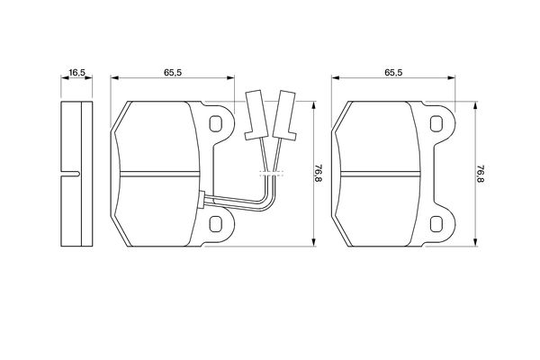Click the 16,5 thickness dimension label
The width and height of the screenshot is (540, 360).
click(x=76, y=72)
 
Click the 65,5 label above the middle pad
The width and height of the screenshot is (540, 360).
click(x=173, y=72)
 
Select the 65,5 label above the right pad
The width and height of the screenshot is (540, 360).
click(x=393, y=72)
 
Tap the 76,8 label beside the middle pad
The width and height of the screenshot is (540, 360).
click(x=319, y=174)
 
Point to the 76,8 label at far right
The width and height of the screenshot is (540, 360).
click(x=481, y=174)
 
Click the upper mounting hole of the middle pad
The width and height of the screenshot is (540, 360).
click(x=216, y=123)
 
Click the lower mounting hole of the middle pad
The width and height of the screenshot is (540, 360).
click(x=216, y=224)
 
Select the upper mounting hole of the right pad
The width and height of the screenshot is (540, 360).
click(x=436, y=123)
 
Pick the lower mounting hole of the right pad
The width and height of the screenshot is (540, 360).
click(x=436, y=224)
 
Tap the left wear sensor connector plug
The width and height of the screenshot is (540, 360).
click(x=256, y=115)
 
